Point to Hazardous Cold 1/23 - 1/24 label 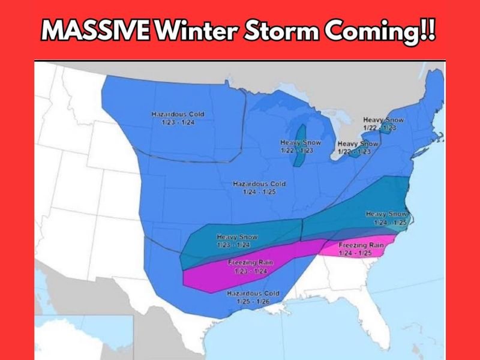173,118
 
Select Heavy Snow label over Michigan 301,146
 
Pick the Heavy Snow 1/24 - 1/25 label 386,218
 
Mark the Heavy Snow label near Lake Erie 358,148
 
